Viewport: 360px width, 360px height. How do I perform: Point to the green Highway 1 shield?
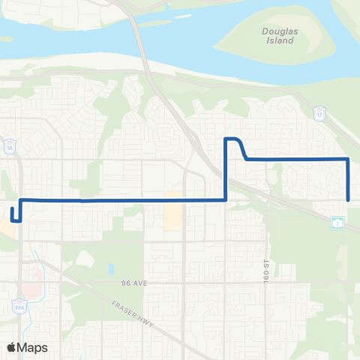[x=338, y=223]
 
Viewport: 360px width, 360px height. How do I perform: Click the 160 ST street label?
[x=265, y=268]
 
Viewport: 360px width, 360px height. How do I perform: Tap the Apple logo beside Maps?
[x=12, y=346]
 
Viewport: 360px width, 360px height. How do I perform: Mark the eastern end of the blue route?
[x=349, y=199]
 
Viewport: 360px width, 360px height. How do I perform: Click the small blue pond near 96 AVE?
[x=111, y=268]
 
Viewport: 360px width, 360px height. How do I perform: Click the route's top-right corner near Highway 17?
[x=348, y=159]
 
